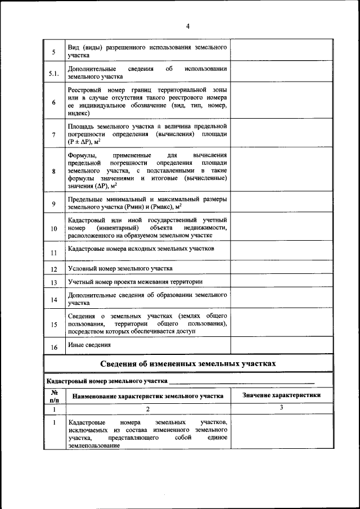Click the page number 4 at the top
(x=188, y=26)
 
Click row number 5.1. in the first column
(x=53, y=73)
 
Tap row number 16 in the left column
(x=54, y=347)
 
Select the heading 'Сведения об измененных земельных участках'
(x=188, y=363)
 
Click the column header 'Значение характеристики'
(x=281, y=395)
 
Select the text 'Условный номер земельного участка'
(x=120, y=269)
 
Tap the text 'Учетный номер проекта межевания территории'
(x=135, y=282)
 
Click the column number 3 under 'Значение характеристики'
(x=281, y=407)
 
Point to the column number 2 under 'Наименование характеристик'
(x=147, y=409)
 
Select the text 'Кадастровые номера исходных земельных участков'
(x=141, y=249)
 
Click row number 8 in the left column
(x=53, y=172)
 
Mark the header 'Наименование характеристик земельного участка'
(x=147, y=396)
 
